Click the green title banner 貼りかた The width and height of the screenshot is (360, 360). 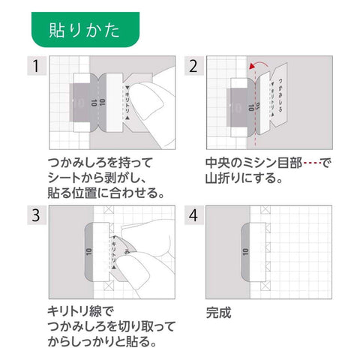[85, 29]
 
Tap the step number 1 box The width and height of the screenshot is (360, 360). [37, 66]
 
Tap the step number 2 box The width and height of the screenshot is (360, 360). [194, 66]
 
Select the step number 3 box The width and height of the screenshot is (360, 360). [37, 215]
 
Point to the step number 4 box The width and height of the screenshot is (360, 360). [194, 215]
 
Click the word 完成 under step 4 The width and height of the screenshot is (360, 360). [218, 313]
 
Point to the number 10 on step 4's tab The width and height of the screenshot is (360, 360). [245, 252]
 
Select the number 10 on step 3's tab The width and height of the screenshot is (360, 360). [88, 252]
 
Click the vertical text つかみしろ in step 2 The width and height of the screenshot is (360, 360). [280, 95]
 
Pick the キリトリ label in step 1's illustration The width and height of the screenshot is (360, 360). [127, 103]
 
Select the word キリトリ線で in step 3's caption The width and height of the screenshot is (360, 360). [81, 311]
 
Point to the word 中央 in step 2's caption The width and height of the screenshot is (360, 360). [217, 163]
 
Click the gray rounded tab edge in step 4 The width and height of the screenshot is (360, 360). [246, 252]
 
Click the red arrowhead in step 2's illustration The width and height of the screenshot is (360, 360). [253, 66]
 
